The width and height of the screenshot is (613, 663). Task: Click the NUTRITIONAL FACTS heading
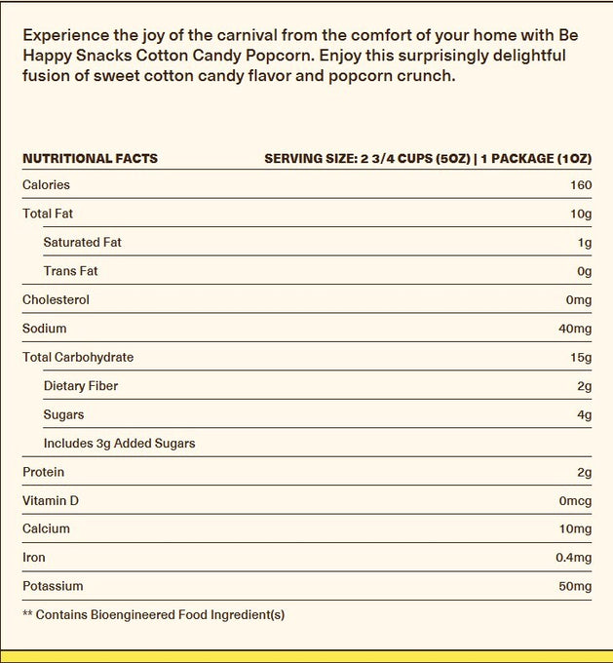pos(90,158)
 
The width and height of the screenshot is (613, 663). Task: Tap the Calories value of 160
pos(581,185)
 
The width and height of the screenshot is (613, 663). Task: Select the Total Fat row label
pos(48,214)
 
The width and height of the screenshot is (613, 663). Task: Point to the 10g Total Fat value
pos(582,214)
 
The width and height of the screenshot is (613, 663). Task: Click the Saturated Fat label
pos(83,243)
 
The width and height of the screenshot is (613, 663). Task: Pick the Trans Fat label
pos(71,271)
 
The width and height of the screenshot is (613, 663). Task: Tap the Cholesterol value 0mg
pos(577,300)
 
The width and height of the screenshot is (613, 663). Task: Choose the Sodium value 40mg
pos(574,329)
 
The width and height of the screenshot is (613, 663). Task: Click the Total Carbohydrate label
pos(78,358)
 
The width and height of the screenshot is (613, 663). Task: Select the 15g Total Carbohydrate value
pos(582,358)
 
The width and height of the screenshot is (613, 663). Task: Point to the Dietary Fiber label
pos(81,386)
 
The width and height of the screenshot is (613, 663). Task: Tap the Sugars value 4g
pos(585,415)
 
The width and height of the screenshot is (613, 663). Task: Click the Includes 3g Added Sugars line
pos(119,444)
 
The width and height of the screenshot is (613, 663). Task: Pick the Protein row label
pos(43,473)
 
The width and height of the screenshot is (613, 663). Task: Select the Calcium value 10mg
pos(574,529)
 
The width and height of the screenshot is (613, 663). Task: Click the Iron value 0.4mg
pos(572,558)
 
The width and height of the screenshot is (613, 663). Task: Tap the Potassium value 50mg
pos(574,587)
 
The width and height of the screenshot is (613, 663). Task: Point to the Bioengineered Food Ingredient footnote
pos(153,615)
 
